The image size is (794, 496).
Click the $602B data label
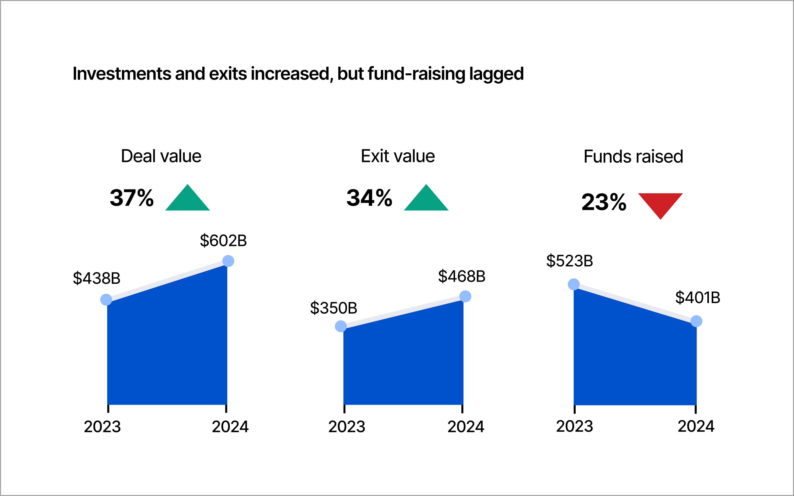(x=223, y=241)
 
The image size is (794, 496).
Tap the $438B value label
(x=97, y=278)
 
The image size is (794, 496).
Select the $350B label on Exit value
(x=333, y=308)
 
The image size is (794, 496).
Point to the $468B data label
(x=462, y=276)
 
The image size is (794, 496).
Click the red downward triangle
(x=660, y=203)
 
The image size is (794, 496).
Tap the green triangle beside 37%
(x=187, y=200)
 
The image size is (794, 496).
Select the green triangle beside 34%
(x=426, y=200)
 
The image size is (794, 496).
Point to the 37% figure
(x=132, y=198)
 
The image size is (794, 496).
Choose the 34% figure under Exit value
(x=369, y=198)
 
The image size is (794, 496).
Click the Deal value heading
(x=161, y=156)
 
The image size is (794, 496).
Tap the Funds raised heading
(x=633, y=156)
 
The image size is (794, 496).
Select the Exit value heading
(x=398, y=156)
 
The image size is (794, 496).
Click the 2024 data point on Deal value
(x=228, y=261)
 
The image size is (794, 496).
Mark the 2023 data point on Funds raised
(x=573, y=284)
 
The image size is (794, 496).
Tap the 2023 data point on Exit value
(x=341, y=326)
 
